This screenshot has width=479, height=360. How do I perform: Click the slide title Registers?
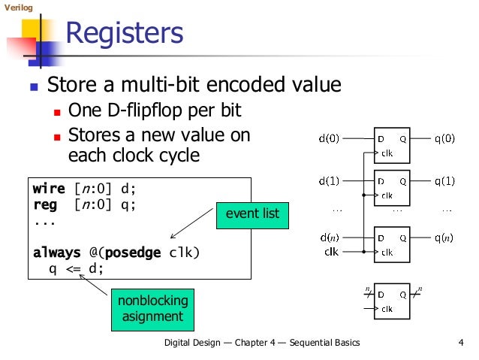(124, 34)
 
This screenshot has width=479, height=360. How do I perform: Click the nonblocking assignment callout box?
(152, 309)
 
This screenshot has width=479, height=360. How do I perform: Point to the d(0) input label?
(329, 138)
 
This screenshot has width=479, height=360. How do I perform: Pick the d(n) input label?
(329, 238)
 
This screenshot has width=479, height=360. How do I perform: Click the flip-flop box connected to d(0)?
(391, 145)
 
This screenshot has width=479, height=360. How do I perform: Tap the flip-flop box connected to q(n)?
(391, 245)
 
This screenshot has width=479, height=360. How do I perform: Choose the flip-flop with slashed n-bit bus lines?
(391, 300)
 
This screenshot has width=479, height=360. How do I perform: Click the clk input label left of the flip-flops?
(331, 252)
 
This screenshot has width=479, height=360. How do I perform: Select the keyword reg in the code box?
(44, 204)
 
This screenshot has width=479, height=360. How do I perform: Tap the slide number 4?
(459, 343)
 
